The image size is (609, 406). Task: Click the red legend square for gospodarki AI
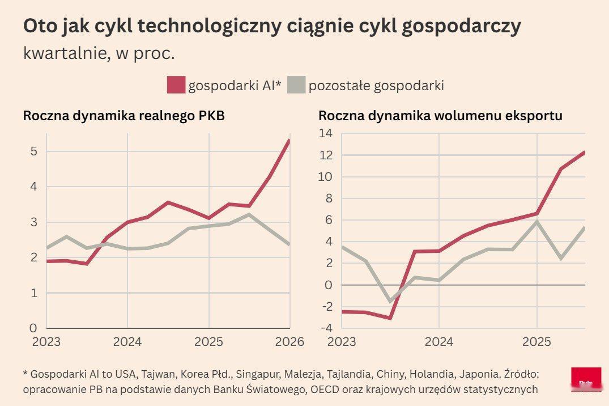176,85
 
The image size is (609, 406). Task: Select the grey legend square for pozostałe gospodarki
296,85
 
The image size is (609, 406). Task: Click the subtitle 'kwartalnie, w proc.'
99,53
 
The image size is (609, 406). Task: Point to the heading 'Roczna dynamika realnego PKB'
124,116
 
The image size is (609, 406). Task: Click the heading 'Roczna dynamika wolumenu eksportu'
440,116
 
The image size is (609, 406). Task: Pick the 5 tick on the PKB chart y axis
34,151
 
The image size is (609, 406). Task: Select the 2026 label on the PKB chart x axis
289,342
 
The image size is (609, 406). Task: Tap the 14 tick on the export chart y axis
326,133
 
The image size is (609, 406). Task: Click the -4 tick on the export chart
326,328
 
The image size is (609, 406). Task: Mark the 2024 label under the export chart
439,342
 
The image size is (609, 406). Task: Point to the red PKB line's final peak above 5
289,141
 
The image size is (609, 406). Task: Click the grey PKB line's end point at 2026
288,244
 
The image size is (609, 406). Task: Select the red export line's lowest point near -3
390,318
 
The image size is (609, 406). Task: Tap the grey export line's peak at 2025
536,222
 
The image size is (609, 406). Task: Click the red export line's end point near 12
584,153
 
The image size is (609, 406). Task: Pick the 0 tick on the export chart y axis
329,285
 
